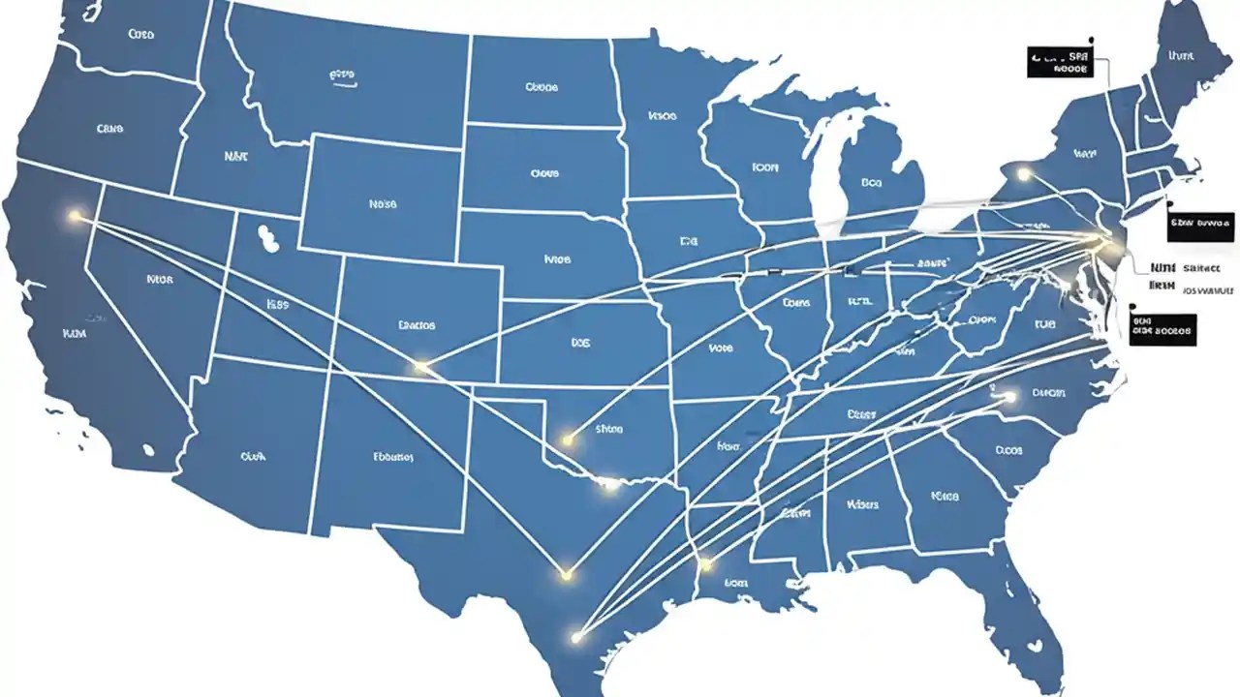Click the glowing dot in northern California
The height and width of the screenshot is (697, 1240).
75,217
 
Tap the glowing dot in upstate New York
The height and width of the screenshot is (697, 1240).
1025,175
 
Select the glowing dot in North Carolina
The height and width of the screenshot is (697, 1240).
1010,396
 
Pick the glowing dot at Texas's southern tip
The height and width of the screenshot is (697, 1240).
577,636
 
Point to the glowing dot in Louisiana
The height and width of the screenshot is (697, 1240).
705,563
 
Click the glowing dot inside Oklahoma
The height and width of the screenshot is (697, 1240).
569,440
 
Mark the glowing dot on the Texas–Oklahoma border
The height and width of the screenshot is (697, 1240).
609,484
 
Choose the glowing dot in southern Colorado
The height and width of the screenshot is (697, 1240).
420,367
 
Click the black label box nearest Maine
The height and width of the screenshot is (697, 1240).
1060,64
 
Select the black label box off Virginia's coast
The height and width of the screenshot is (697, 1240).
1162,329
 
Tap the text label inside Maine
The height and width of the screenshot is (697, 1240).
1180,56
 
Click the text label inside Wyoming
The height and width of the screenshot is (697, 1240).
383,204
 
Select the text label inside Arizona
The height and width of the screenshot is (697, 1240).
252,454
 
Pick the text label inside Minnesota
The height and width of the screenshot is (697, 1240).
662,116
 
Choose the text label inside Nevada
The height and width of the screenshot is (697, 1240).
160,279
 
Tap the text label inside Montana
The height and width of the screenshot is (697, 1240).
343,74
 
